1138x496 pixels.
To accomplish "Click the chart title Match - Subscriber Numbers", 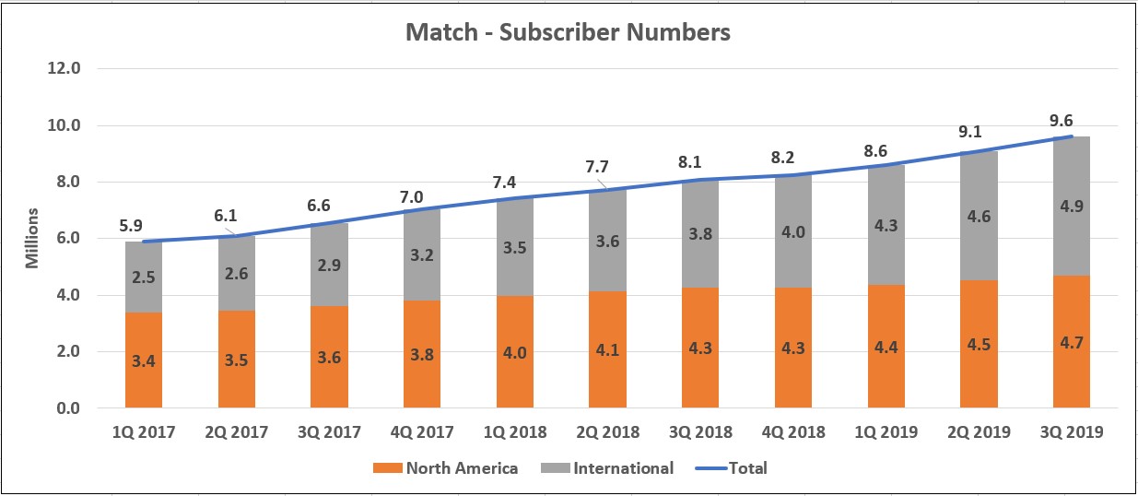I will tap(569, 33).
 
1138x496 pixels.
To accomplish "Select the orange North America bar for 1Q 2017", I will tap(144, 360).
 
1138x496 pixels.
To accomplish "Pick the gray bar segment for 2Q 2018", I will tap(607, 241).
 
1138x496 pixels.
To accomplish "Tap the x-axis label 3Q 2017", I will tap(329, 432).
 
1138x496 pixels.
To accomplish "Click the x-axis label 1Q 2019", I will tap(886, 432).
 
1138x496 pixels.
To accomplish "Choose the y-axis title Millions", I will tap(31, 239).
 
